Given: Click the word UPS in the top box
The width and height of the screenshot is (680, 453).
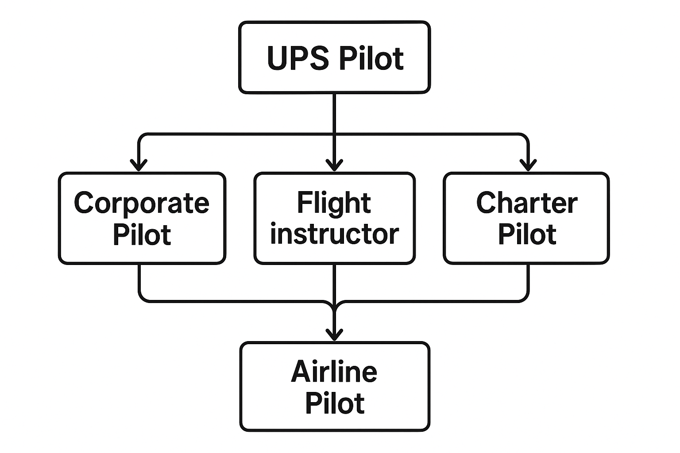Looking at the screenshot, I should (x=298, y=58).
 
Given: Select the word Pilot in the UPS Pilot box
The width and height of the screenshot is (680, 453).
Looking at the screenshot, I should (x=371, y=58).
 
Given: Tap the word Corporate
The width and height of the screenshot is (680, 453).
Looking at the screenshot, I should (x=142, y=203).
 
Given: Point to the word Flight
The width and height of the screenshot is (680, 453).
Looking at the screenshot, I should (x=334, y=203).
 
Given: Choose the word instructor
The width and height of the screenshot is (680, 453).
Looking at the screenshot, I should (x=334, y=234).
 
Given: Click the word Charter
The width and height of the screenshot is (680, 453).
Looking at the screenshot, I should (x=526, y=203).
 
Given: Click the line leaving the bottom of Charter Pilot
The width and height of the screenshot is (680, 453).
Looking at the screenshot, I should (x=528, y=281).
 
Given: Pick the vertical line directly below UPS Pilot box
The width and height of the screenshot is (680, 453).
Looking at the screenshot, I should (x=334, y=113).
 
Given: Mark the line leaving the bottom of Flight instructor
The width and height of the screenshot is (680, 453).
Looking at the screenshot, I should (x=334, y=283).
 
